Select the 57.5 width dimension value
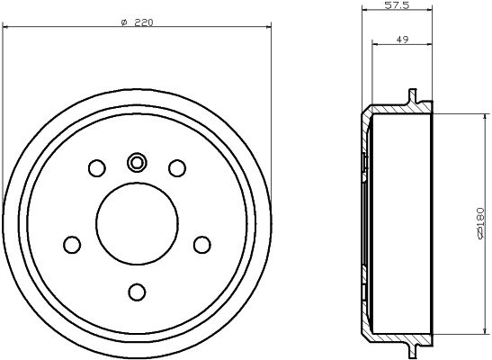pos(397,6)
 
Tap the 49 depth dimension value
pos(401,39)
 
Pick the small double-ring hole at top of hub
pos(137,162)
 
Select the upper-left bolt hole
pos(96,167)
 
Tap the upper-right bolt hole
pos(177,167)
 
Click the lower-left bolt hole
pos(71,244)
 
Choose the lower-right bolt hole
pos(202,244)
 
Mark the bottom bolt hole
pos(137,292)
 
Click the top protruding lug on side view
pos(413,96)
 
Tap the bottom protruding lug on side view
pos(413,348)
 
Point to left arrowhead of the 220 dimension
pos(6,29)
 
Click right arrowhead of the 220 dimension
pos(267,29)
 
